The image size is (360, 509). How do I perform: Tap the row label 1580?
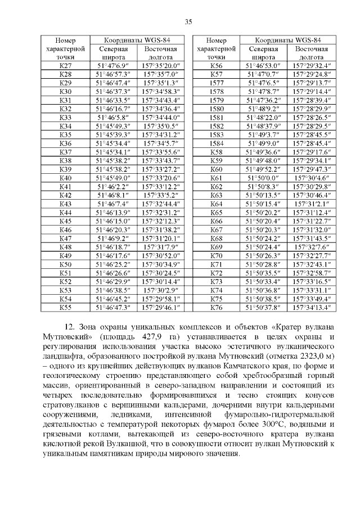(216, 109)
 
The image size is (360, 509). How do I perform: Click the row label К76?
(216, 308)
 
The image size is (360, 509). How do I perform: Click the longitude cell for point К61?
(312, 178)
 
